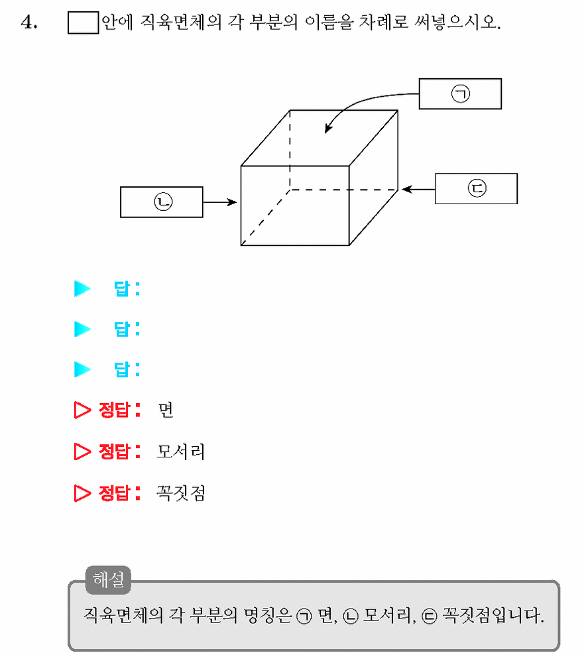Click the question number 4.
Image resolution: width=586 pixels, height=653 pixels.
click(x=29, y=22)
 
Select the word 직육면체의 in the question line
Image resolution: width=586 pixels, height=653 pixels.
click(x=181, y=22)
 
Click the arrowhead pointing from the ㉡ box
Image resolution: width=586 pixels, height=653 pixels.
click(x=231, y=202)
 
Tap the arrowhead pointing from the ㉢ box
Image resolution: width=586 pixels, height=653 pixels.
click(x=407, y=189)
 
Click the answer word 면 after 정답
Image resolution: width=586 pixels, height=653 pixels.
click(x=166, y=410)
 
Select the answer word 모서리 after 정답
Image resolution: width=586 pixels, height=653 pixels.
click(x=181, y=451)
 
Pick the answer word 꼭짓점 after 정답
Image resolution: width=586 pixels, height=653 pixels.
click(x=181, y=493)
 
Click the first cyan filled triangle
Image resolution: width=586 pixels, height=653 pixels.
click(x=82, y=288)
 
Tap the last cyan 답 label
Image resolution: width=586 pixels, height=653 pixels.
click(x=127, y=369)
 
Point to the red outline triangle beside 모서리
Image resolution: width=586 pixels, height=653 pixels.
click(x=82, y=451)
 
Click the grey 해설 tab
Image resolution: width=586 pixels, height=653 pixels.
click(x=108, y=579)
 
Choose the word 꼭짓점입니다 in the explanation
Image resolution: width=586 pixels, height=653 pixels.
click(x=493, y=615)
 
